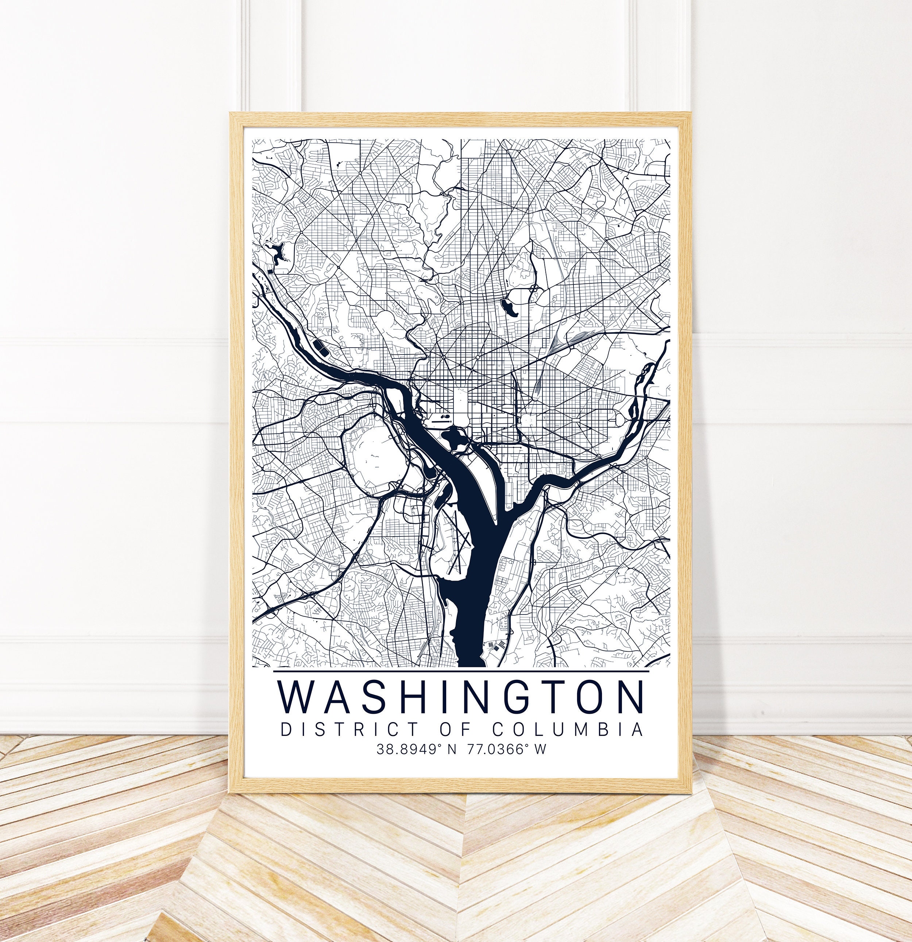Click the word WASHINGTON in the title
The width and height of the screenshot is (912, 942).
pyautogui.click(x=461, y=697)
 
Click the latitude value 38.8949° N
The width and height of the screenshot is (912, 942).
pyautogui.click(x=416, y=749)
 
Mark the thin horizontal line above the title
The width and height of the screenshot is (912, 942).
pyautogui.click(x=461, y=671)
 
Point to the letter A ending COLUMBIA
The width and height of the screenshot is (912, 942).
pyautogui.click(x=637, y=729)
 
